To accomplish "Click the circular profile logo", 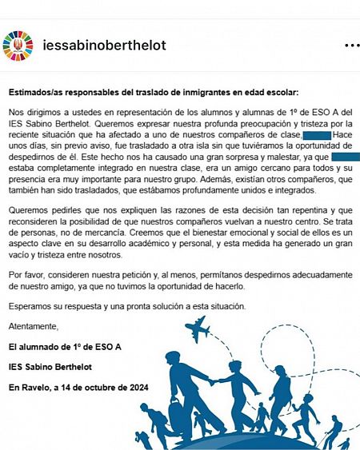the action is point(20,45).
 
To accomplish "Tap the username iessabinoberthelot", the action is point(104,45).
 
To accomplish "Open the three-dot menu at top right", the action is point(350,45).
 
